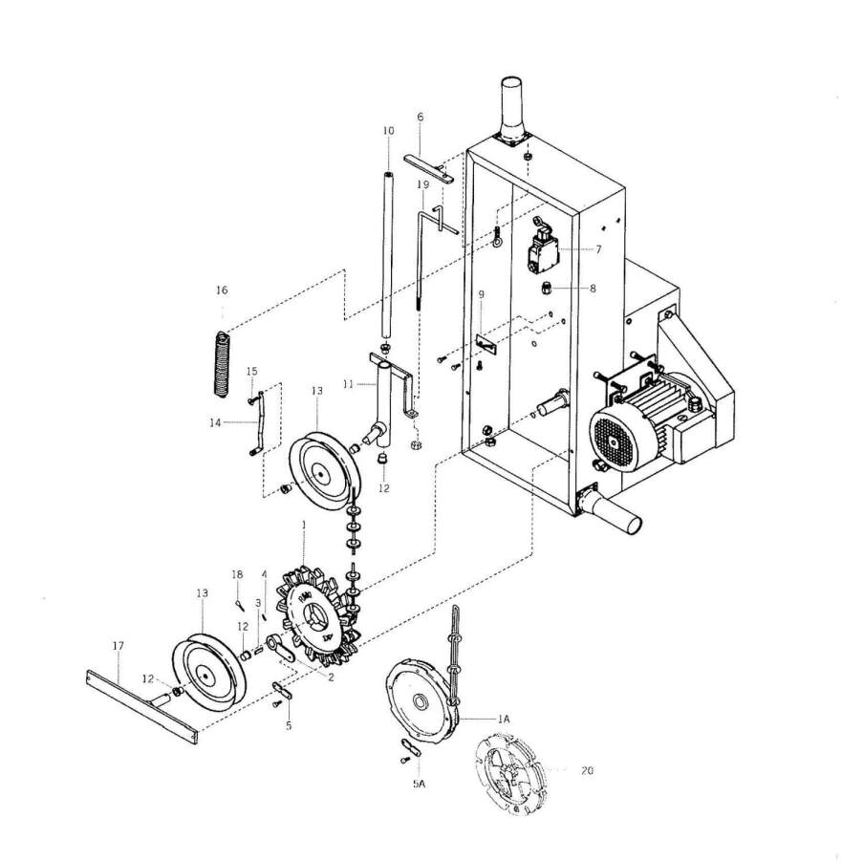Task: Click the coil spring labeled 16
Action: pos(221,362)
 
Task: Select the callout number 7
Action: pos(598,249)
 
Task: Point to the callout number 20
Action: pos(587,770)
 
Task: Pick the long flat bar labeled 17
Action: pos(141,705)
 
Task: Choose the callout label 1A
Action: pos(504,719)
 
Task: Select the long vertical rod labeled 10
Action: pos(387,255)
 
